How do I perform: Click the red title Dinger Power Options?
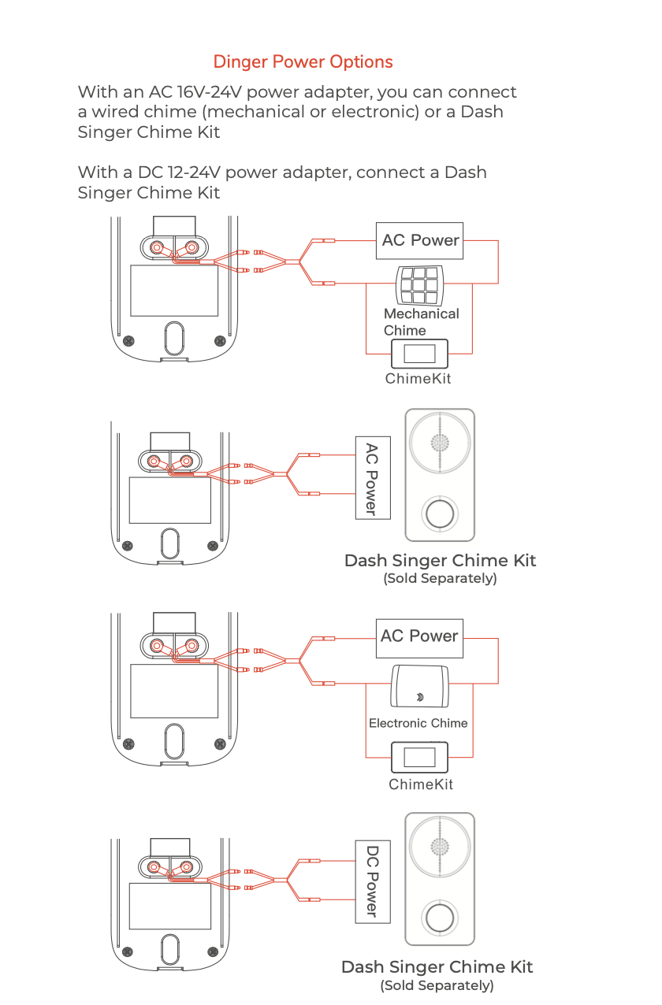pyautogui.click(x=303, y=62)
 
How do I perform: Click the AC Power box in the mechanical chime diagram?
pyautogui.click(x=419, y=240)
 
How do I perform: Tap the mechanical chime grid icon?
pyautogui.click(x=419, y=285)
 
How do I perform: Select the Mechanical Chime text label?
pyautogui.click(x=421, y=321)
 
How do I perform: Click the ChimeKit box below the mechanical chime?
pyautogui.click(x=419, y=354)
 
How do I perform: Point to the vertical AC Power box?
pyautogui.click(x=373, y=478)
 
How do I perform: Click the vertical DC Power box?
pyautogui.click(x=373, y=881)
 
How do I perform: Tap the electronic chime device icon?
pyautogui.click(x=419, y=686)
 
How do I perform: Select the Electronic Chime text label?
pyautogui.click(x=418, y=723)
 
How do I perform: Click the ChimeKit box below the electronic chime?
pyautogui.click(x=419, y=758)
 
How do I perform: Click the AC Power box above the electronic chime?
pyautogui.click(x=419, y=639)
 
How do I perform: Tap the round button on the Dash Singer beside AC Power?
pyautogui.click(x=440, y=514)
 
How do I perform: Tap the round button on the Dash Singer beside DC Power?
pyautogui.click(x=440, y=918)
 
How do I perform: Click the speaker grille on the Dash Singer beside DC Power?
pyautogui.click(x=440, y=847)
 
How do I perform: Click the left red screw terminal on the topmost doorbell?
pyautogui.click(x=157, y=247)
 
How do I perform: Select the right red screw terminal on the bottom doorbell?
pyautogui.click(x=186, y=867)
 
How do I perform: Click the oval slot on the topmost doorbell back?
pyautogui.click(x=174, y=338)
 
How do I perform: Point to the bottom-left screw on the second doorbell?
pyautogui.click(x=128, y=546)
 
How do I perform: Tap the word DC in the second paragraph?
pyautogui.click(x=150, y=172)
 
